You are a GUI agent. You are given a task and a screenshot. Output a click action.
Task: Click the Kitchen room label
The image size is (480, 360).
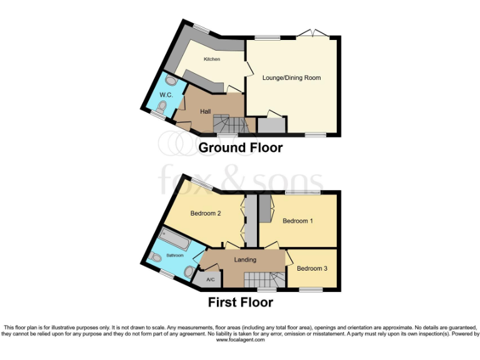click(x=212, y=59)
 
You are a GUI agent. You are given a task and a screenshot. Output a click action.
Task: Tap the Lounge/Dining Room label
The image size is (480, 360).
click(x=291, y=78)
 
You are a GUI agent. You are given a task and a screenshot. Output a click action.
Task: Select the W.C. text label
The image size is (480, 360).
click(x=166, y=95)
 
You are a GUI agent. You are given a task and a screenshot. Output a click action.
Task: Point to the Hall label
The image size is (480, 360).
click(x=205, y=111)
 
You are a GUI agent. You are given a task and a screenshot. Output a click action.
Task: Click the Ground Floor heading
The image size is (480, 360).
click(x=240, y=148)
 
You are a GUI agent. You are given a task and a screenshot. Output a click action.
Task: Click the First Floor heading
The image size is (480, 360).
click(x=240, y=302)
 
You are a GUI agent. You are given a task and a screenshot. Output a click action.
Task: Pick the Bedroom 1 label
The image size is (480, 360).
click(x=298, y=221)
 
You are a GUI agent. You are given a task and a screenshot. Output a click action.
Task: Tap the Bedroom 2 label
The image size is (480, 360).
click(x=206, y=213)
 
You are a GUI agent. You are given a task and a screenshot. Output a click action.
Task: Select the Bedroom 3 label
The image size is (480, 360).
click(x=312, y=269)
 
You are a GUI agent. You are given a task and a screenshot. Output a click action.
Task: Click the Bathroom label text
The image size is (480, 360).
click(x=175, y=256)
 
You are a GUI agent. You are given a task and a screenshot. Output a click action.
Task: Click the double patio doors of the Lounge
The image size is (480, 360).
click(x=311, y=34)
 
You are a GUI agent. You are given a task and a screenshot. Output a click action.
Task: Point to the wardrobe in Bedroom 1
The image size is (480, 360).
click(x=265, y=208)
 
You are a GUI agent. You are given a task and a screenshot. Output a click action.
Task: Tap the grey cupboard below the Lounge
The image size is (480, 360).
click(x=271, y=125)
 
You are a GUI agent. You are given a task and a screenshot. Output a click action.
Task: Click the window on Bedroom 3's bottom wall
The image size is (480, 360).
click(x=310, y=289)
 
